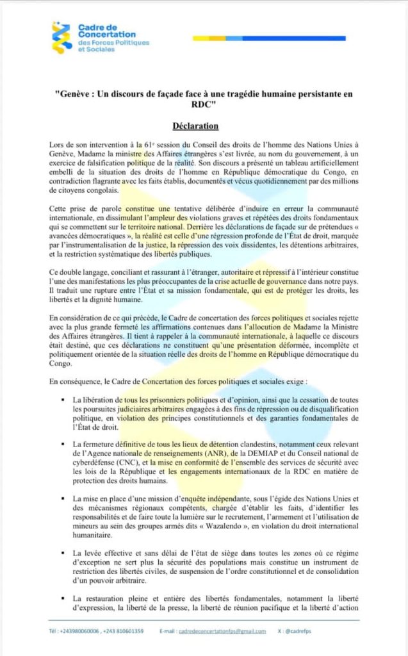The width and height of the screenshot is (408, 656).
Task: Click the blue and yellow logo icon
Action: (62, 38)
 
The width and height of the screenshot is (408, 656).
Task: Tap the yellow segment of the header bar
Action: (215, 38)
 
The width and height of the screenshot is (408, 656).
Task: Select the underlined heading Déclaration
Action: (196, 125)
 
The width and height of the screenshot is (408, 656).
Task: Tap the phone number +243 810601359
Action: (124, 631)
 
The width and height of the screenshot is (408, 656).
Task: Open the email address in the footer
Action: (222, 631)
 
